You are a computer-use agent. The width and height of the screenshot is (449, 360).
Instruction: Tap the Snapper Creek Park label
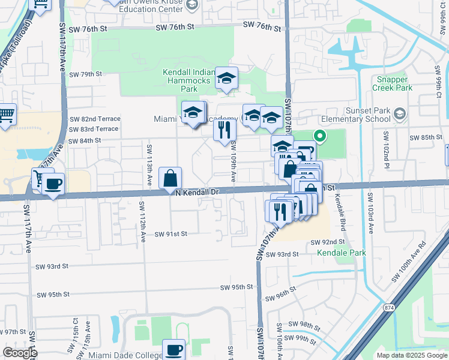click(393, 83)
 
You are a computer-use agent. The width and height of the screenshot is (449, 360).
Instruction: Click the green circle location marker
click(320, 136)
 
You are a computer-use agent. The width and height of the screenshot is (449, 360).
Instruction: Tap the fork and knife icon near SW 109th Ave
click(224, 129)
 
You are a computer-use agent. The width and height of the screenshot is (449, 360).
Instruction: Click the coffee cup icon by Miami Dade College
click(174, 349)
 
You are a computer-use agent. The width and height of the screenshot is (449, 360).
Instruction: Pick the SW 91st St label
click(171, 234)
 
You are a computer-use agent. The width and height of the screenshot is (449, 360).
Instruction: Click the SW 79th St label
click(86, 74)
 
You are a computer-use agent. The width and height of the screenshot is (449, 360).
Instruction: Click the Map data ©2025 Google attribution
click(412, 355)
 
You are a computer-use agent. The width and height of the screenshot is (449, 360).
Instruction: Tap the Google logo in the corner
click(19, 353)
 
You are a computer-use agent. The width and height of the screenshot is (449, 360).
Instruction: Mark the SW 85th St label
click(426, 137)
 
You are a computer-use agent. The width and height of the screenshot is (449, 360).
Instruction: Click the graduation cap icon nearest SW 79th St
click(226, 79)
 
